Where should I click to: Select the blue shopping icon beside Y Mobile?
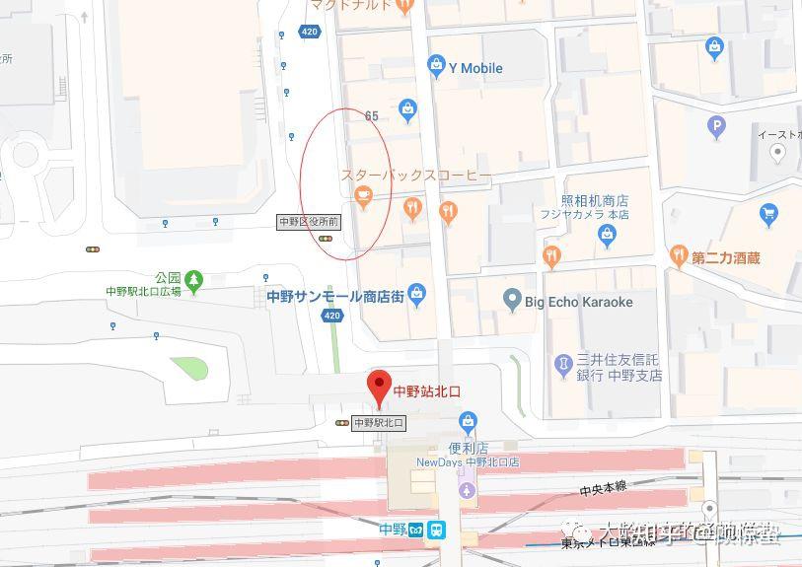pyautogui.click(x=436, y=66)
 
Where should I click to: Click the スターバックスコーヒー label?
pyautogui.click(x=416, y=175)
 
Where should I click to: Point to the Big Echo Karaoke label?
pyautogui.click(x=578, y=302)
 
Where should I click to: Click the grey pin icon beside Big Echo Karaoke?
pyautogui.click(x=511, y=299)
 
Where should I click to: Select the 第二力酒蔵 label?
pyautogui.click(x=725, y=258)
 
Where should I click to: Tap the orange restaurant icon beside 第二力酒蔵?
pyautogui.click(x=678, y=255)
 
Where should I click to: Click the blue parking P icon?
pyautogui.click(x=717, y=125)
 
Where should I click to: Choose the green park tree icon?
pyautogui.click(x=194, y=282)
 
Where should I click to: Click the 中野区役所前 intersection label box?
pyautogui.click(x=309, y=222)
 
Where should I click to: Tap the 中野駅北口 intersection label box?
pyautogui.click(x=379, y=423)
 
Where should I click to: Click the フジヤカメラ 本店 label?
pyautogui.click(x=584, y=214)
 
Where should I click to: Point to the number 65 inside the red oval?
pyautogui.click(x=371, y=116)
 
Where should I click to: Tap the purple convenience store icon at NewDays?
pyautogui.click(x=468, y=489)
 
